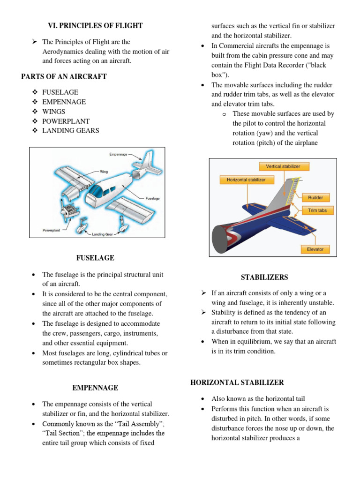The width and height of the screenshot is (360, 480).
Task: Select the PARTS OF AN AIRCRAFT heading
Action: point(64,76)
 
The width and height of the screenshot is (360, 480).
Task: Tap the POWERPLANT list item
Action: point(66,121)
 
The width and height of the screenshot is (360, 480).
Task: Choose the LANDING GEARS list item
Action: point(71,130)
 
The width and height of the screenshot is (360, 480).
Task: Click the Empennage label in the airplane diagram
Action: point(118,153)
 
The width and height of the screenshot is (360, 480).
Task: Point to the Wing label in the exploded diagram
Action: point(104,172)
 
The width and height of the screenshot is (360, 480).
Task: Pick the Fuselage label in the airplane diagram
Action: point(152,198)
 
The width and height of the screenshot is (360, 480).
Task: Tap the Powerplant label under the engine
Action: point(52,231)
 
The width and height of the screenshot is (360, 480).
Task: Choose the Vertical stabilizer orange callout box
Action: point(283,166)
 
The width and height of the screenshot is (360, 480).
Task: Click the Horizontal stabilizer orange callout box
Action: point(246,180)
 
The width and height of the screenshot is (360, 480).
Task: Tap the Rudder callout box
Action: point(315,197)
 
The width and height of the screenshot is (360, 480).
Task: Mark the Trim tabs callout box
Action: point(317,210)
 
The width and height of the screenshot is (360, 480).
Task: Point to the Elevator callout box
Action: point(315,249)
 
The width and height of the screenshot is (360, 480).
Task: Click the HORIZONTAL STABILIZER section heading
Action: point(237,382)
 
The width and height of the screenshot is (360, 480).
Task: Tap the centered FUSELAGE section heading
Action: point(95,258)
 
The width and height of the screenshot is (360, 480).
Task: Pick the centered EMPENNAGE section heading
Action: point(95,388)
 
